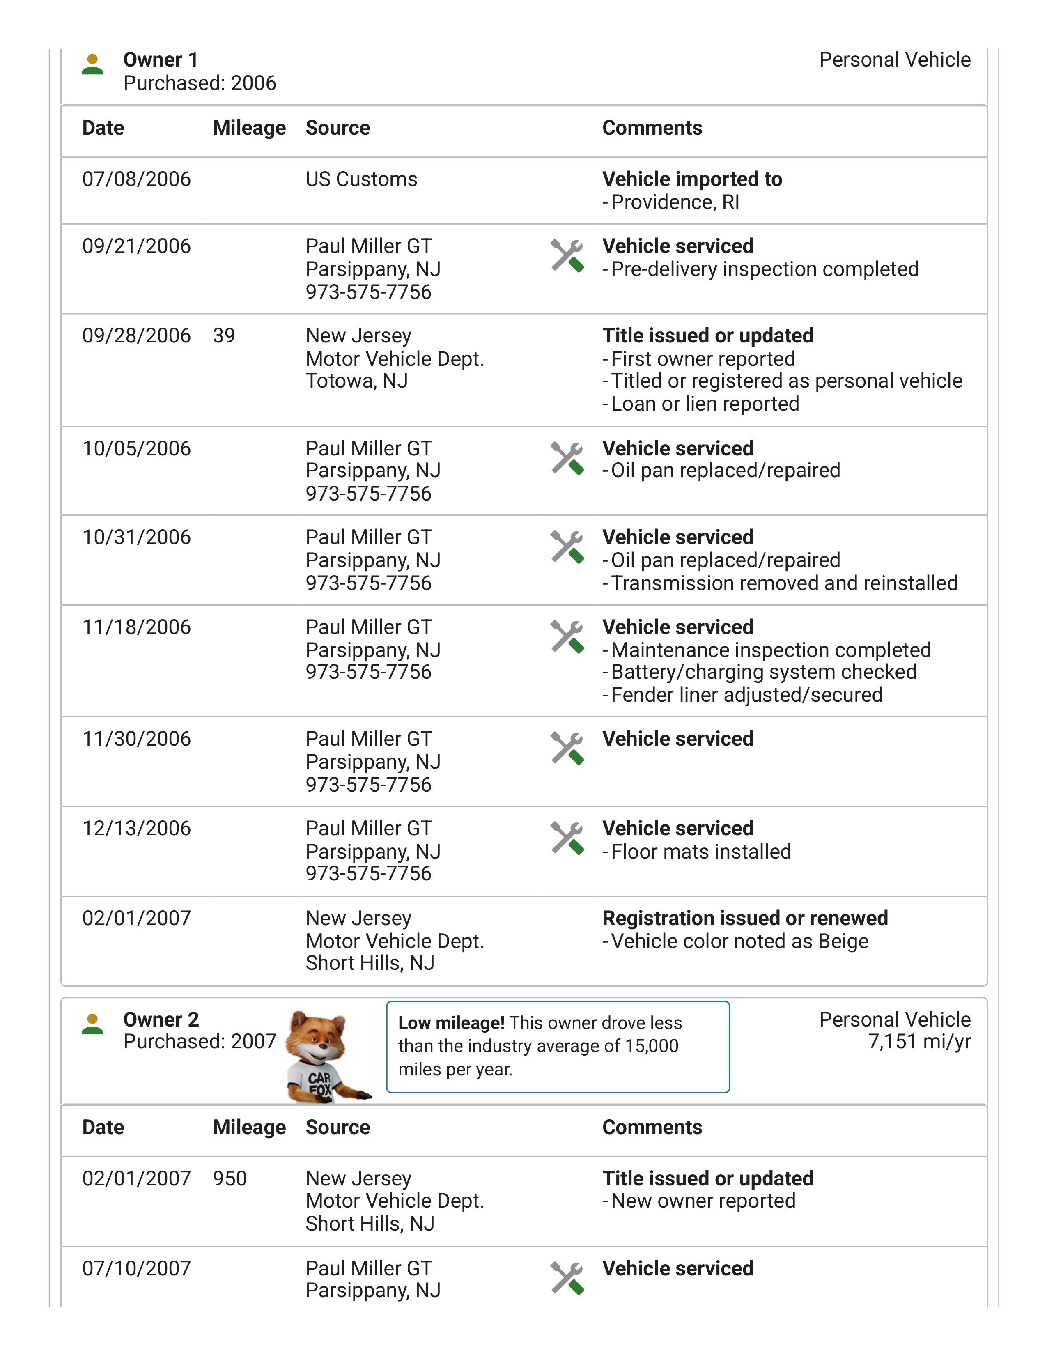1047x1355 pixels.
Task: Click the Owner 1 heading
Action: [x=161, y=60]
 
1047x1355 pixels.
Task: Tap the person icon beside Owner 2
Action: [x=92, y=1024]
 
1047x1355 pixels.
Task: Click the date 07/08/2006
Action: [x=136, y=179]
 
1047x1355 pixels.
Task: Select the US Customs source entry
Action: [x=361, y=179]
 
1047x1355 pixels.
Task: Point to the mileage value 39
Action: [x=224, y=335]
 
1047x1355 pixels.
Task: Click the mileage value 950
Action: [x=230, y=1178]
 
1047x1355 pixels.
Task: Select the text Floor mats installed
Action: [x=700, y=852]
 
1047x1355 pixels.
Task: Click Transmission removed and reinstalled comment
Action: [x=784, y=583]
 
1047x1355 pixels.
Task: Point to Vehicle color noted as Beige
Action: [x=739, y=941]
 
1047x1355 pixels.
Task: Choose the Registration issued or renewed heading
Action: [x=745, y=918]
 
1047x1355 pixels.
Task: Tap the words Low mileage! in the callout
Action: [x=451, y=1023]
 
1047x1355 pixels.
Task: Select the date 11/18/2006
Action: [x=136, y=627]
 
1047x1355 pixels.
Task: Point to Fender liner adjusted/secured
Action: [x=746, y=695]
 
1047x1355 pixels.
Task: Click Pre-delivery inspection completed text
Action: [x=764, y=269]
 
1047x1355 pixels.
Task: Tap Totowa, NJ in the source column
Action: [x=357, y=381]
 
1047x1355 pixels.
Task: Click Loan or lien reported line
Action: [x=705, y=404]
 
